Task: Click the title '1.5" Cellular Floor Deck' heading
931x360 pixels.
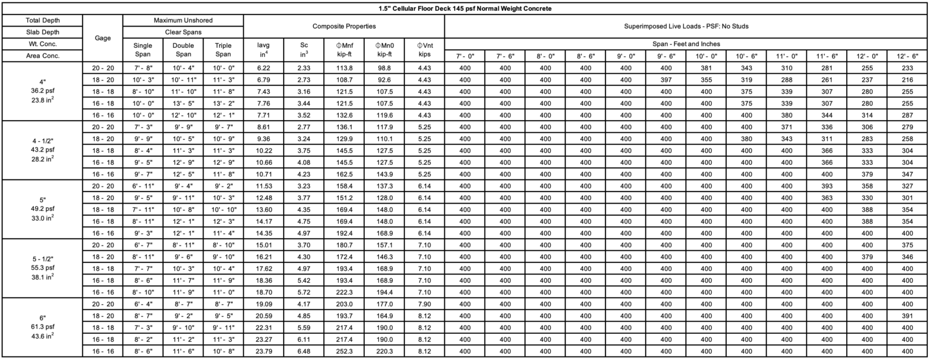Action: (465, 8)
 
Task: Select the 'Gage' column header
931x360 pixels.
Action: (102, 38)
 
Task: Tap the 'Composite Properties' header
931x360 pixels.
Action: (344, 27)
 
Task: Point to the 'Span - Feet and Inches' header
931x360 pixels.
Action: (686, 44)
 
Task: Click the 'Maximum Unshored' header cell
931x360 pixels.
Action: (183, 21)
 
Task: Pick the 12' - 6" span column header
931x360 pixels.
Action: (907, 56)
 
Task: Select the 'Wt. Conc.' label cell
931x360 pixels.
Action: (41, 44)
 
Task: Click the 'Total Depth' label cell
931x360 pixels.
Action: (41, 21)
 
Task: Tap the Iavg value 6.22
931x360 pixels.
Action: (263, 68)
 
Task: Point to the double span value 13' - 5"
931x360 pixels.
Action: (183, 104)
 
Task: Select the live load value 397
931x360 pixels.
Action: (666, 80)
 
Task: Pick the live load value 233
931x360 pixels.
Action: (907, 68)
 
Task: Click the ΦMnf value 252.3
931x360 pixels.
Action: (344, 352)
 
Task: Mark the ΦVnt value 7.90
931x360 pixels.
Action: (424, 304)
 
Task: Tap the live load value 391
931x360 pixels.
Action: (907, 316)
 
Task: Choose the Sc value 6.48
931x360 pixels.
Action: (304, 352)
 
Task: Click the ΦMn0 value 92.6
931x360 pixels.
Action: (384, 80)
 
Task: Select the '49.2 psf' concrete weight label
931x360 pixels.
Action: (41, 210)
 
